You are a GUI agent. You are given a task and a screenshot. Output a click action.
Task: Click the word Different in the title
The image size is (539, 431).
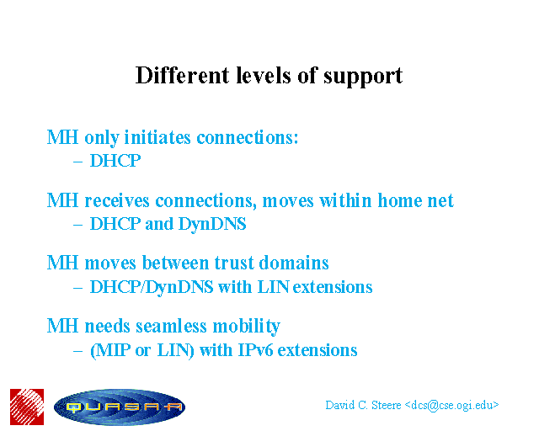click(182, 75)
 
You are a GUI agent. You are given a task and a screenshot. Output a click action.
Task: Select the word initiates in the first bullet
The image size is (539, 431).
click(157, 137)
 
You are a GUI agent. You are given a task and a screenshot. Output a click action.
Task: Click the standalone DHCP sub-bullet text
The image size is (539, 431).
click(115, 161)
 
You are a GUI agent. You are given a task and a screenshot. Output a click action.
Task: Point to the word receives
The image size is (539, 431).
click(117, 200)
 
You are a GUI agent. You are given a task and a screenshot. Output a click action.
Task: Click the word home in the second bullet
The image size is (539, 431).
click(399, 200)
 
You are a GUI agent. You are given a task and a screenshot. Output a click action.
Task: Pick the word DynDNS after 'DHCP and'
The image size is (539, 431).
click(212, 224)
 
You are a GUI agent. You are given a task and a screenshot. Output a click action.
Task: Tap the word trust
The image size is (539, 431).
click(234, 263)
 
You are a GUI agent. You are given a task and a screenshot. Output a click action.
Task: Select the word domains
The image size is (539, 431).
click(294, 263)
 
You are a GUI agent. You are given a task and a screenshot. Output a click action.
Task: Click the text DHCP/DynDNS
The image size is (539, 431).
click(152, 287)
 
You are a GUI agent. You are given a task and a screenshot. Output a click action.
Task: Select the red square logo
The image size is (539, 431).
click(27, 407)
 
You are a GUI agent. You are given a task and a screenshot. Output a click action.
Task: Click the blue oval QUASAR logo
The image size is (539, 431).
click(120, 407)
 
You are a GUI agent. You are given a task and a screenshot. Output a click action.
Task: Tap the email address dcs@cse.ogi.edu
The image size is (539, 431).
click(451, 406)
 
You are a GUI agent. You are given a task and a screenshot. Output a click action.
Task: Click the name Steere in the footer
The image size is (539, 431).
click(387, 405)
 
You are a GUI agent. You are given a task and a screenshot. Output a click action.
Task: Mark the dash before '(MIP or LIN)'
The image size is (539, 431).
click(78, 351)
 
